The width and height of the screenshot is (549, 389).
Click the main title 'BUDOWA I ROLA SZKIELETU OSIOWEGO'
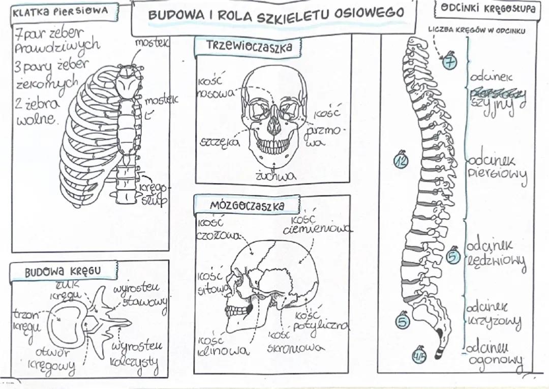[276, 15]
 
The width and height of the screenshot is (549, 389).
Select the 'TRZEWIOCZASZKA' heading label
[249, 47]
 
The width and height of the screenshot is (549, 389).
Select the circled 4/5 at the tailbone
[420, 355]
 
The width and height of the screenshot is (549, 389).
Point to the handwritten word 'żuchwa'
[276, 176]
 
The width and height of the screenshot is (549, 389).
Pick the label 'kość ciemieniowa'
[316, 225]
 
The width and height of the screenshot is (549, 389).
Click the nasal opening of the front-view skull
[273, 125]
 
